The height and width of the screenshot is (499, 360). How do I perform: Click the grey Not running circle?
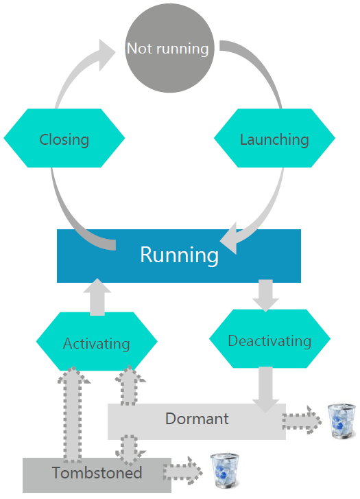tap(168, 49)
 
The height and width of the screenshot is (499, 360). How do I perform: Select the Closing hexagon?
tap(64, 139)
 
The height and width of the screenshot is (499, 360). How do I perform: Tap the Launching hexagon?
tap(274, 139)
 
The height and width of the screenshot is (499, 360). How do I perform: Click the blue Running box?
tap(179, 255)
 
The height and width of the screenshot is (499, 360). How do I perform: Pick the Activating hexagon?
tap(96, 343)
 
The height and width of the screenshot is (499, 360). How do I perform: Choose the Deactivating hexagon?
tap(269, 340)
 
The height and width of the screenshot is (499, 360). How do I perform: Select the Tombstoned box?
tap(97, 474)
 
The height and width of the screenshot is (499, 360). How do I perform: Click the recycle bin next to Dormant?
tap(341, 421)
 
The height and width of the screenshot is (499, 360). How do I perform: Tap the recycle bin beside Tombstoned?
tap(224, 471)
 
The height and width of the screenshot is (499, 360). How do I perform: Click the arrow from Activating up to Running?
tap(97, 297)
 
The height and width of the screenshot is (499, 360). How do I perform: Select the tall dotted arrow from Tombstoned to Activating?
tap(73, 412)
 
